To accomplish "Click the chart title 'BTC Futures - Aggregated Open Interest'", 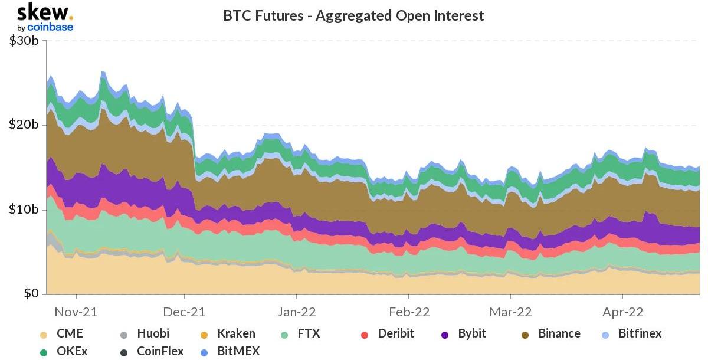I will click(353, 15).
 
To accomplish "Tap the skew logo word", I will click(43, 12).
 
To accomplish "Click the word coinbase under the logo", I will click(50, 27).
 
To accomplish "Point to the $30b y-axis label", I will click(24, 41).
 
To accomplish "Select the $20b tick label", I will click(24, 125).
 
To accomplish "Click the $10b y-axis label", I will click(24, 210).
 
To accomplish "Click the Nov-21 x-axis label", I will click(76, 312).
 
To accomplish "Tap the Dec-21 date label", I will click(185, 312).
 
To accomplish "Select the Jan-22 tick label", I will click(297, 312).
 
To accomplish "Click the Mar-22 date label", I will click(511, 312).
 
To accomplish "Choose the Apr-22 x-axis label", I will click(622, 312).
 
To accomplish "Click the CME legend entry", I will click(70, 333).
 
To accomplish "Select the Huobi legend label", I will click(153, 333).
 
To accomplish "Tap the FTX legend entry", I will click(309, 333).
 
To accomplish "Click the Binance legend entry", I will click(559, 333).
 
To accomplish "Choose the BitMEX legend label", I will click(238, 352).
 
